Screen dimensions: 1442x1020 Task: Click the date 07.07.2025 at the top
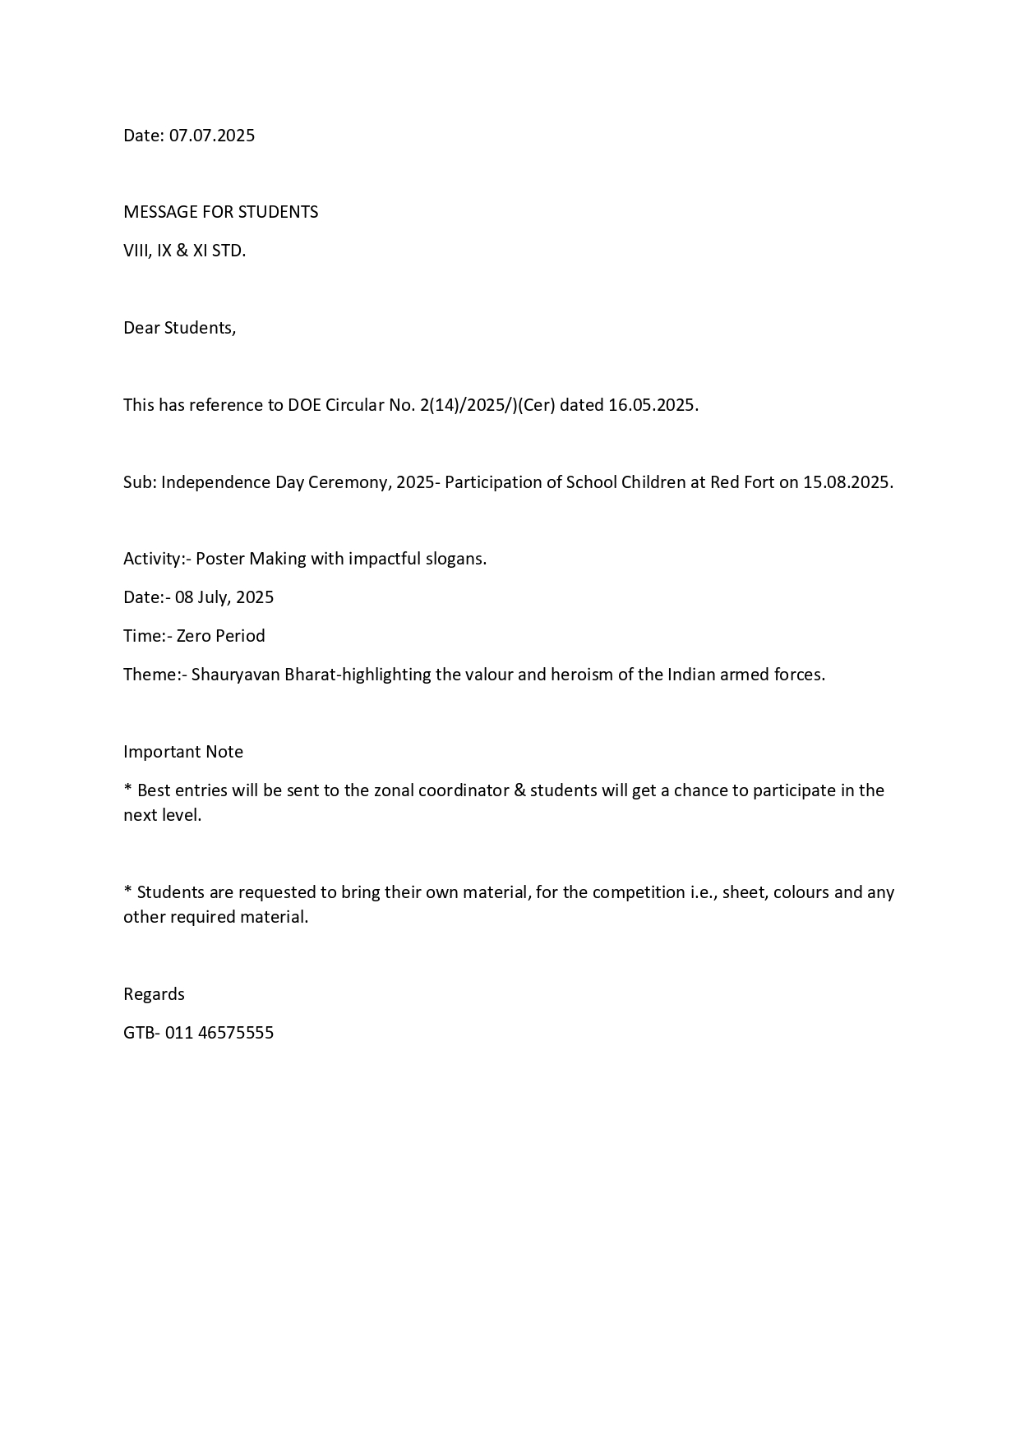pos(212,136)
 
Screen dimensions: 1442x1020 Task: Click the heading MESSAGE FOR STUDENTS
pos(220,212)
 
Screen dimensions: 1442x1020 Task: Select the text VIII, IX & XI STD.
pos(184,251)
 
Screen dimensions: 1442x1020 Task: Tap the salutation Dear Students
pos(179,328)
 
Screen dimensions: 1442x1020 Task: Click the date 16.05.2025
pos(653,405)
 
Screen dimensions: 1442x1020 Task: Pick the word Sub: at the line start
pos(140,482)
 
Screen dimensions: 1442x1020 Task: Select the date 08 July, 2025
pos(224,597)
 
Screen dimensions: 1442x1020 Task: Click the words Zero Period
pos(220,636)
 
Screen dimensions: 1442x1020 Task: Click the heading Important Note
pos(183,752)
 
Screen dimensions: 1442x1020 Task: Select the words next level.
pos(161,815)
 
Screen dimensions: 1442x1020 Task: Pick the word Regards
pos(154,994)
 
